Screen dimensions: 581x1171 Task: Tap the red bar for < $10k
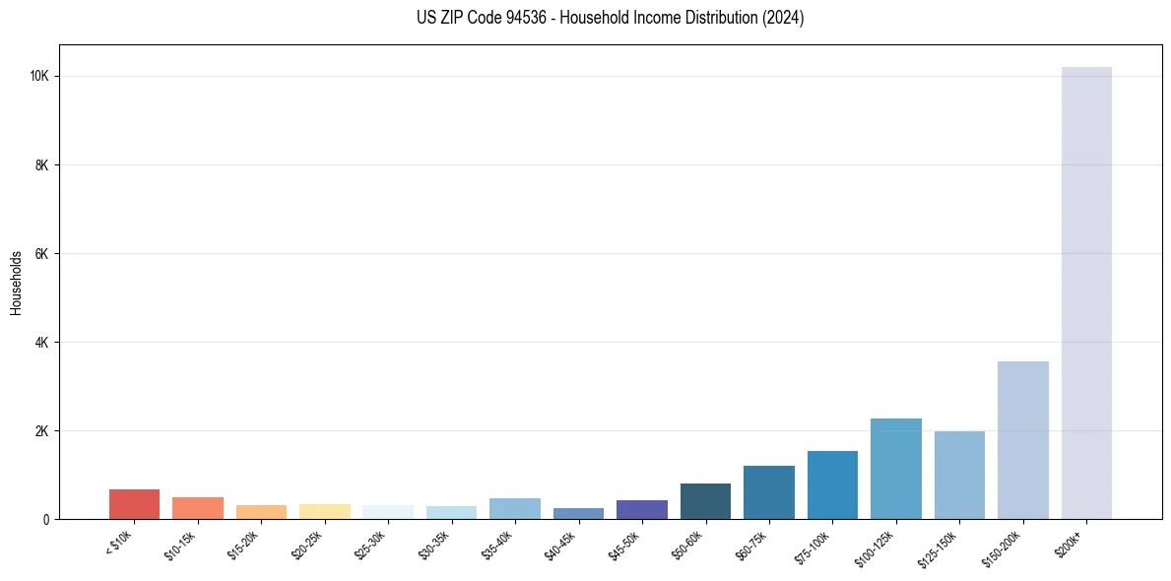coord(134,504)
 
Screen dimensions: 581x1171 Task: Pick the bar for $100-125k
coord(895,469)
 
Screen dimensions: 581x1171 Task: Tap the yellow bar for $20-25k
coord(324,511)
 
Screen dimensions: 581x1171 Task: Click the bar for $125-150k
coord(959,475)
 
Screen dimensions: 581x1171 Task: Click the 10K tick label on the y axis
coord(40,77)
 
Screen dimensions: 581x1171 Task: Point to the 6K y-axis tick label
coord(42,254)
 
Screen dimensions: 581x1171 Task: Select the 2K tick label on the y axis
coord(42,431)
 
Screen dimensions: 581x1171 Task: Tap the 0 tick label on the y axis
coord(46,520)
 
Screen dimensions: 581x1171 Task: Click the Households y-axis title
coord(16,283)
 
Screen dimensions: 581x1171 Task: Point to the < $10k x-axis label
coord(120,542)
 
